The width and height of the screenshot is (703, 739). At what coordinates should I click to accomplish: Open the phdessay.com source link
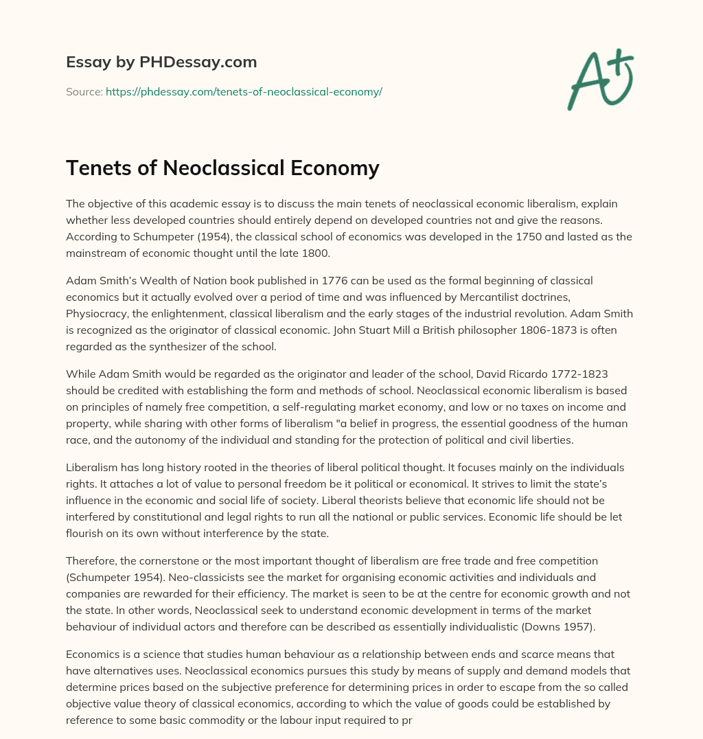pyautogui.click(x=244, y=91)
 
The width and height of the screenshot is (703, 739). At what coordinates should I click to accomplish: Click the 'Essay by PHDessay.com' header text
pyautogui.click(x=161, y=62)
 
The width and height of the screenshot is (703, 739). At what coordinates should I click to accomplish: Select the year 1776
pyautogui.click(x=312, y=281)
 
